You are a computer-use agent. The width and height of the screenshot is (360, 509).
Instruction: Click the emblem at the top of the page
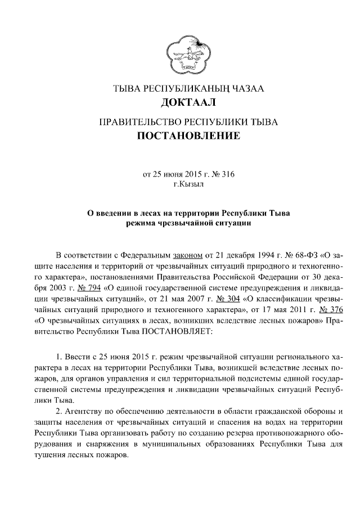pyautogui.click(x=180, y=53)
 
